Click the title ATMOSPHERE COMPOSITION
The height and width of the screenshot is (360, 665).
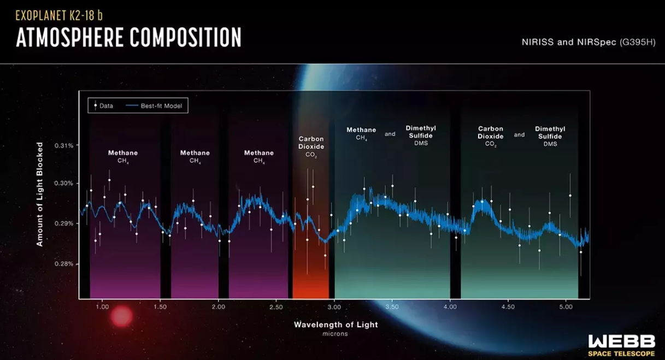point(129,37)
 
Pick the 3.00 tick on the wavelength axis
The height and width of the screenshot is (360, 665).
point(334,308)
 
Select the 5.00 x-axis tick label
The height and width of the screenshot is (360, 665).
point(566,308)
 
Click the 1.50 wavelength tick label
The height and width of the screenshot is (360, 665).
point(160,308)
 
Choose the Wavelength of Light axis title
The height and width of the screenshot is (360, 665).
point(336,324)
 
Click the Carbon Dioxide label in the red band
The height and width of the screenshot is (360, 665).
point(311,143)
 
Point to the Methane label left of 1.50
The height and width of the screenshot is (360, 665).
point(122,153)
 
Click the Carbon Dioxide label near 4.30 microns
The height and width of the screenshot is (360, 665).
point(490,133)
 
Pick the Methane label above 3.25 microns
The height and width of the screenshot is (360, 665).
point(361,130)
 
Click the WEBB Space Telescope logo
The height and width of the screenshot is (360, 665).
point(621,346)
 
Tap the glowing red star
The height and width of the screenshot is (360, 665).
point(121,316)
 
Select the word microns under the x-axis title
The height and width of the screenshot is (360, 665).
point(336,334)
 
